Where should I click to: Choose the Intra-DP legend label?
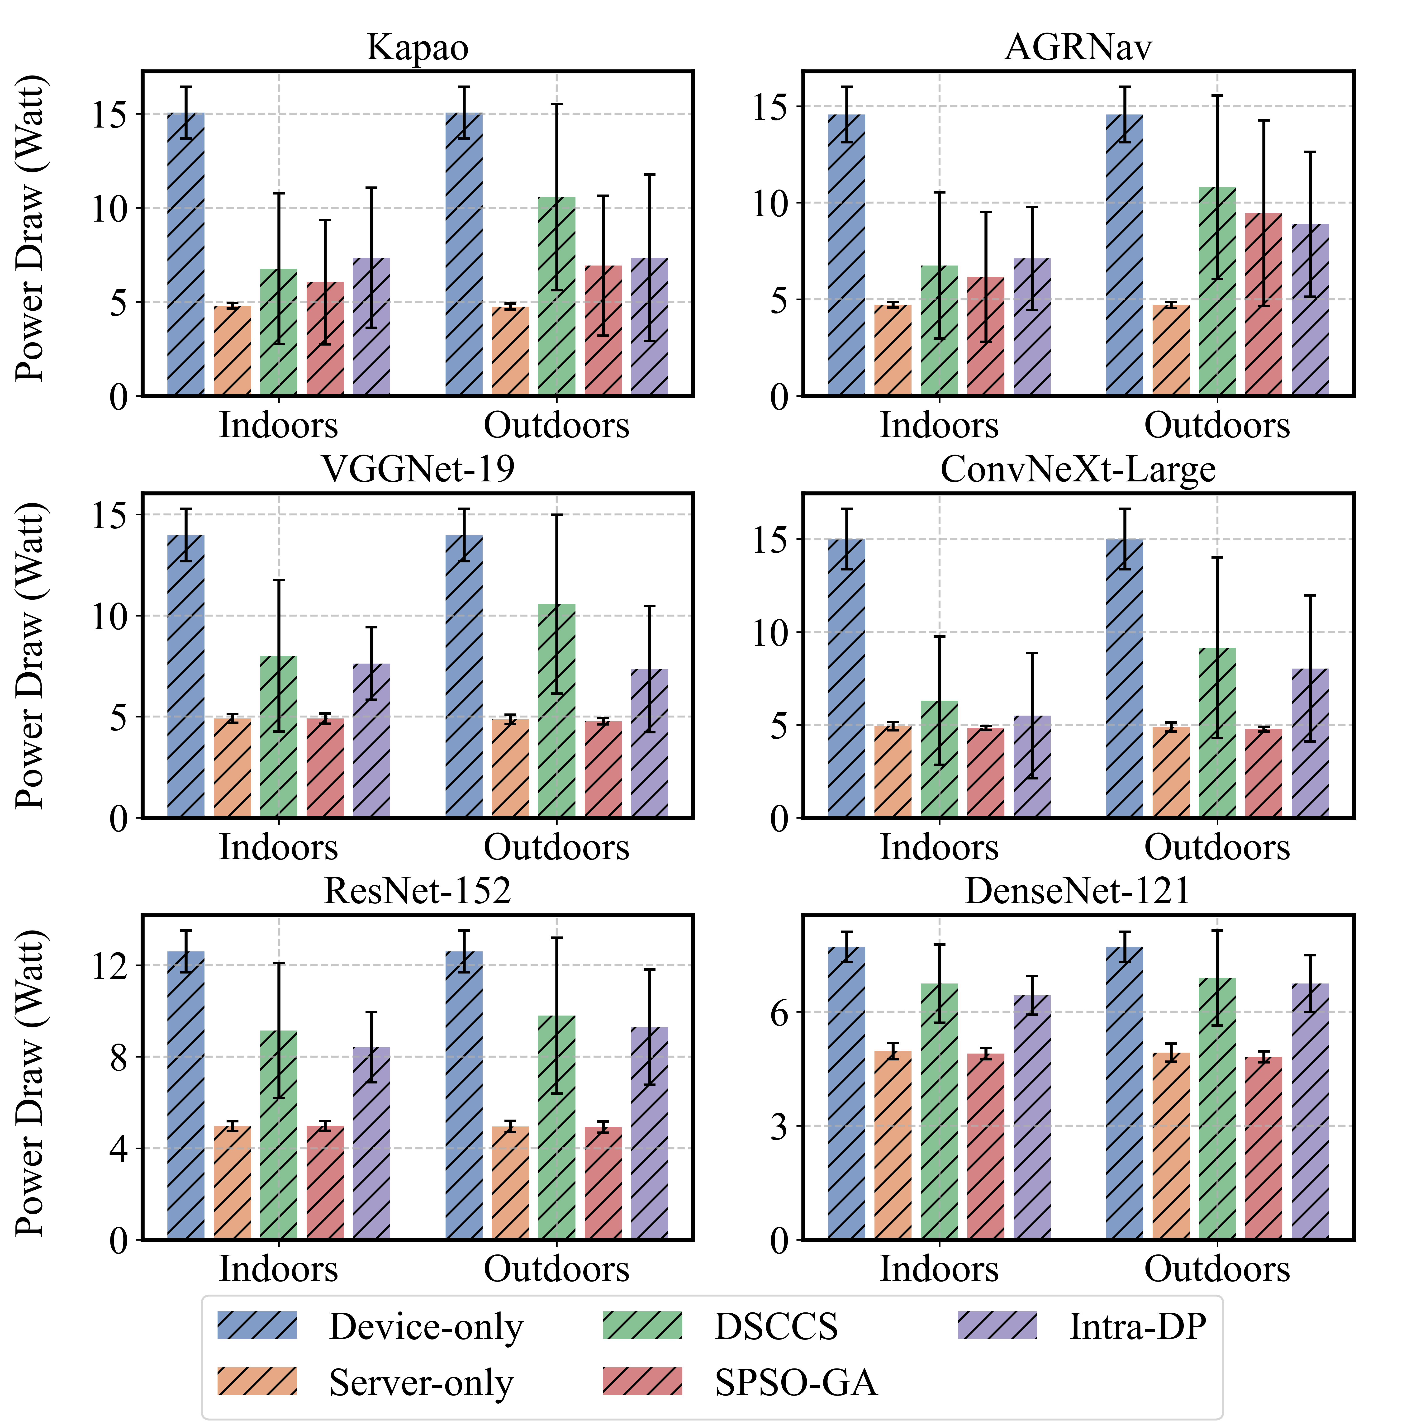click(1137, 1325)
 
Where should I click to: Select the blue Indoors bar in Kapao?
click(186, 254)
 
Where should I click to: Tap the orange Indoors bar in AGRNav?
click(893, 350)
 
